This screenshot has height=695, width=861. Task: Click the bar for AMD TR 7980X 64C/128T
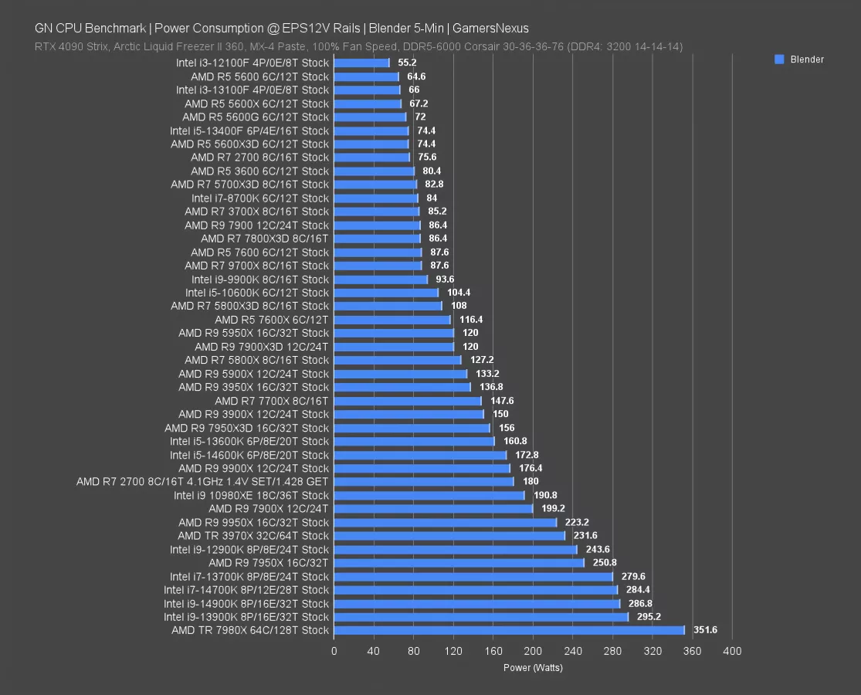(510, 630)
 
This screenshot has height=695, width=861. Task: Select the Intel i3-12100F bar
(361, 63)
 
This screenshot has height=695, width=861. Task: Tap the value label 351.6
(705, 630)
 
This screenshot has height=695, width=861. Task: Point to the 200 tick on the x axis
(534, 651)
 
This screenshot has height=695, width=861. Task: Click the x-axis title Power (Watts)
(533, 668)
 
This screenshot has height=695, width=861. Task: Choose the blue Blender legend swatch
(779, 59)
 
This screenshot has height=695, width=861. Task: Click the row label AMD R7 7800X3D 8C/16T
(265, 239)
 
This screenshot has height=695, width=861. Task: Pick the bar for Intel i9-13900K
(481, 617)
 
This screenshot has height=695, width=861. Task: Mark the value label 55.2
(407, 63)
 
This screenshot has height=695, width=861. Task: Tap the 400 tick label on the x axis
(731, 651)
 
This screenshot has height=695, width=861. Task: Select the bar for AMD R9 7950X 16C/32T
(459, 563)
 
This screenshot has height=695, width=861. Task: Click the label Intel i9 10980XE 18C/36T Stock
(251, 495)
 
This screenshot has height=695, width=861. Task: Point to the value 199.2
(554, 509)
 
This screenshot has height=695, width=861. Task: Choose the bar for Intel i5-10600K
(386, 293)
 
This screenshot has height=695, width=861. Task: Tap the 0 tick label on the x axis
(334, 651)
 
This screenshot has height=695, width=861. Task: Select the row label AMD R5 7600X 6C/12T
(272, 320)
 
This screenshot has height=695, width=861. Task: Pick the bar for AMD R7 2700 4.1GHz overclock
(424, 482)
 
